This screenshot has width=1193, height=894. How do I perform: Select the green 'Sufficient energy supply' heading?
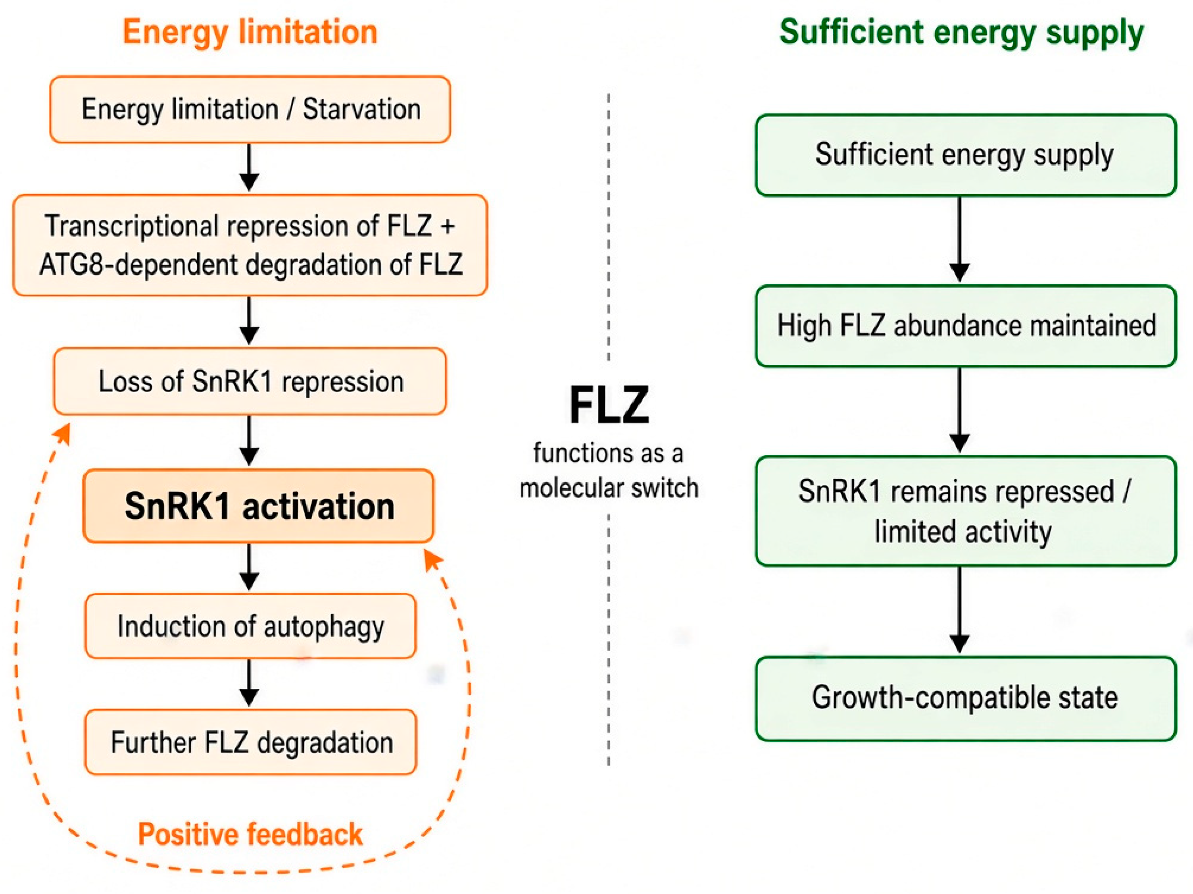(x=962, y=33)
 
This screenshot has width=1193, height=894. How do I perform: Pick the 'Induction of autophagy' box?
(x=251, y=626)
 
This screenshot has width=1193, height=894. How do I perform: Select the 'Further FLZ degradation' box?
(x=251, y=742)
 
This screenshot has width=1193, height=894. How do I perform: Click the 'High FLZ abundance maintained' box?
(x=965, y=326)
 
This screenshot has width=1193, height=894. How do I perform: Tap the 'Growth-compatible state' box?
(x=965, y=698)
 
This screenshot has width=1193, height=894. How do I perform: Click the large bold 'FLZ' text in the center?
(x=609, y=405)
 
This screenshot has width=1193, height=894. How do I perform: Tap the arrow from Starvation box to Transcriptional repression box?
(x=249, y=167)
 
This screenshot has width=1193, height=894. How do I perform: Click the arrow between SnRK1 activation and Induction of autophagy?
(x=249, y=567)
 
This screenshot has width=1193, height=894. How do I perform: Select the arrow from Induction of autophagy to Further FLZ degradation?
(x=249, y=683)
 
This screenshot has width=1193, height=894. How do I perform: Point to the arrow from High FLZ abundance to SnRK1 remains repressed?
(x=960, y=410)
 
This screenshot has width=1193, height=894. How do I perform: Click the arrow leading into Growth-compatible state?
(x=960, y=610)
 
